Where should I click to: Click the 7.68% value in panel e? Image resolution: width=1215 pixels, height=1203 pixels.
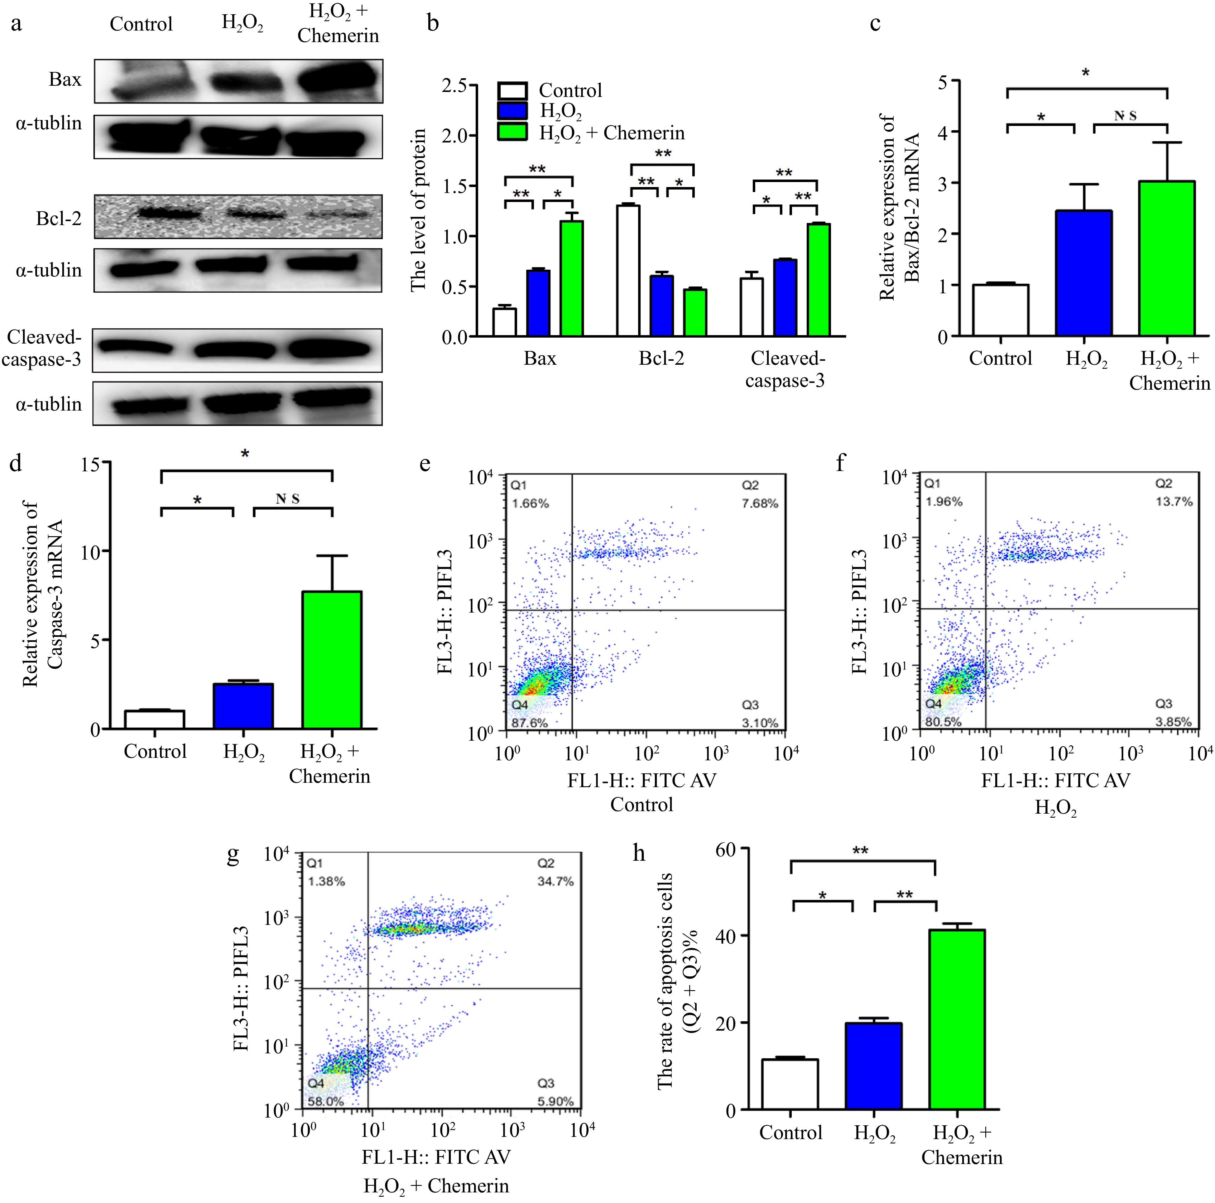760,503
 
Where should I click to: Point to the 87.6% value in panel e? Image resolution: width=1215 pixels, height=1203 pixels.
530,723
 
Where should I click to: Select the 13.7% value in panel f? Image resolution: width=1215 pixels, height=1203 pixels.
1174,501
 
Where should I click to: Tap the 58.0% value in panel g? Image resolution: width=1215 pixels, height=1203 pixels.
326,1101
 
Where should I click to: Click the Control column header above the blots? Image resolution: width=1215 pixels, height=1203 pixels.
141,24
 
